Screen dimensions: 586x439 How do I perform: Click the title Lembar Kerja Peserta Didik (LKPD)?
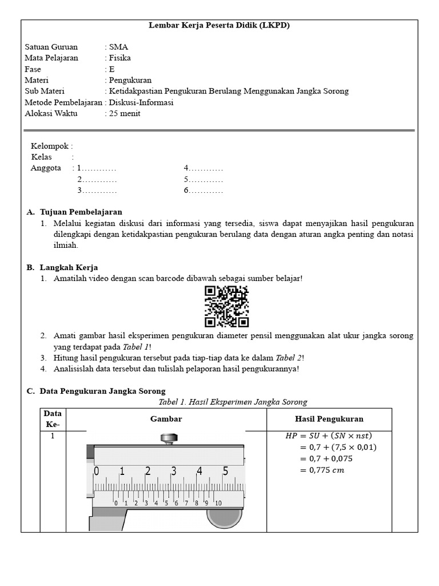pos(219,26)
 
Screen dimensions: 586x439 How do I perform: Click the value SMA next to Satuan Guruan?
pos(118,47)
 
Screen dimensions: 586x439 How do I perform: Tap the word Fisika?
pos(119,58)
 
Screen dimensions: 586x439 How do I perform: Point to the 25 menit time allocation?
pos(124,113)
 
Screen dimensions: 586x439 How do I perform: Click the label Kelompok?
pos(51,146)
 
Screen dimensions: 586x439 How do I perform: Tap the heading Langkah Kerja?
pos(69,267)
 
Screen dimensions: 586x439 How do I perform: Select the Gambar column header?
pos(166,419)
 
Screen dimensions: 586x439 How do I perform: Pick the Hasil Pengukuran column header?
pos(329,419)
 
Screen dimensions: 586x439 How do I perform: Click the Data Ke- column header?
pos(53,419)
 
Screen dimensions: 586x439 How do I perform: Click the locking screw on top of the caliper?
pos(168,439)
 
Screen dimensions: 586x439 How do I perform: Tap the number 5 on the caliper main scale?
pos(226,472)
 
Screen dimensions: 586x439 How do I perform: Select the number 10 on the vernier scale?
pos(218,503)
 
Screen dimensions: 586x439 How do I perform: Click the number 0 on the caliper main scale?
pos(96,472)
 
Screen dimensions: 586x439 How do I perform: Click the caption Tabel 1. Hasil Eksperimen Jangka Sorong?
pos(233,402)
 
